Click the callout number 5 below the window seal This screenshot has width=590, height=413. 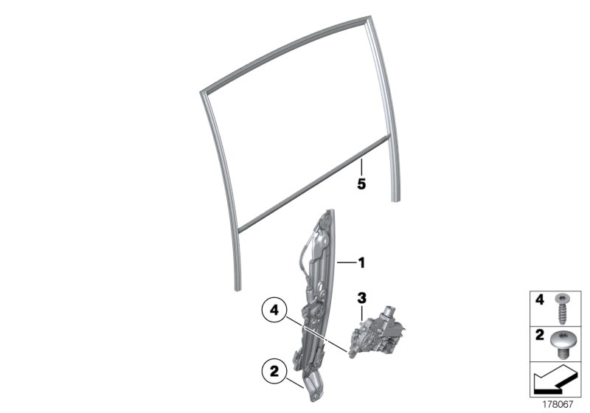361,184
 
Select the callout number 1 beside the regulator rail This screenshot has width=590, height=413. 361,262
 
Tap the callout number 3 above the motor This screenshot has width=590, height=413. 361,298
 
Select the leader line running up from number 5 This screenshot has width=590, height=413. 361,164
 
